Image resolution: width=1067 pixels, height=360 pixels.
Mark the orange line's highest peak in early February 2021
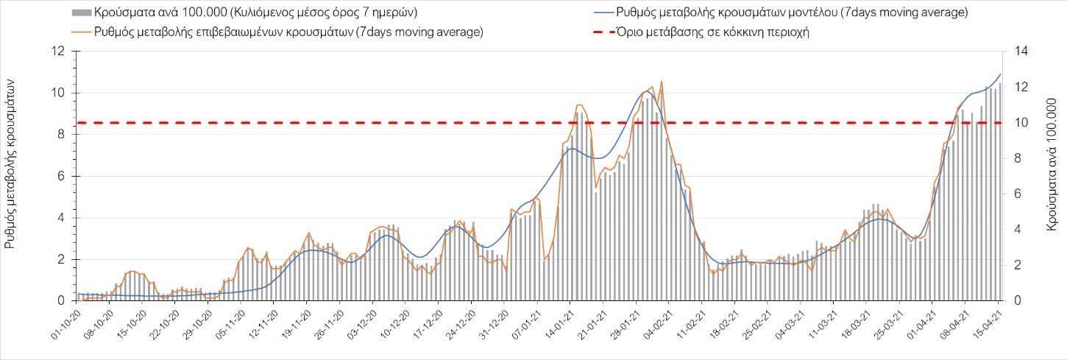coord(662,82)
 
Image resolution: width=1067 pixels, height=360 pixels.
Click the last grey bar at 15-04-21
coord(999,191)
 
